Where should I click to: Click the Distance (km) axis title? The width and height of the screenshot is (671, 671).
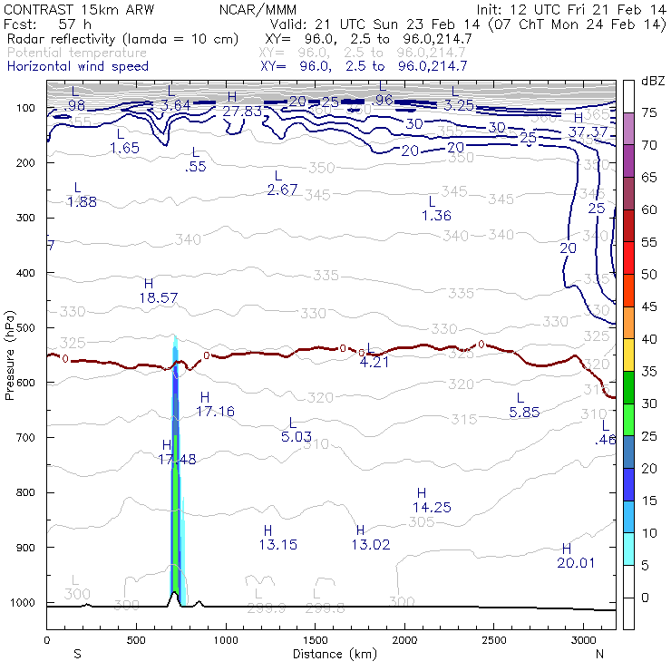329,654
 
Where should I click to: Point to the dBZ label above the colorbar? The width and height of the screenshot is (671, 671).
653,82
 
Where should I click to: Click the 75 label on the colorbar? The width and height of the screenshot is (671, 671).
649,113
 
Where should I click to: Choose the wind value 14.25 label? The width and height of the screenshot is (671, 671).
432,507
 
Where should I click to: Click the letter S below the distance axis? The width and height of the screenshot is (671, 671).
77,654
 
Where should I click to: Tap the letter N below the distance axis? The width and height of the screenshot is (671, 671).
599,654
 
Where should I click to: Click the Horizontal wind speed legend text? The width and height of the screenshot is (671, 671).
78,66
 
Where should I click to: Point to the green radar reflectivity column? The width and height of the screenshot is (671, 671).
175,508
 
